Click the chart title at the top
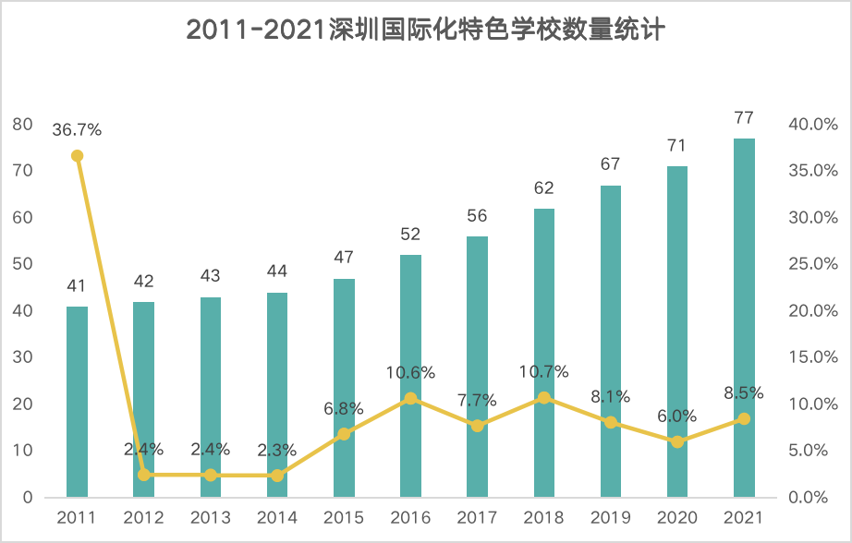[x=426, y=30]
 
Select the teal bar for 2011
[x=77, y=402]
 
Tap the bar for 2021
[x=744, y=318]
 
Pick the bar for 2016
[x=410, y=376]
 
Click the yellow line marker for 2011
[x=77, y=155]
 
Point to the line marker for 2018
[x=544, y=398]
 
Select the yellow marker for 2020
[x=677, y=441]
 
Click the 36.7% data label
[x=77, y=130]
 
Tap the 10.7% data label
[x=544, y=373]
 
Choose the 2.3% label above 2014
[x=277, y=451]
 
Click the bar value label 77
[x=744, y=118]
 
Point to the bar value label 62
[x=544, y=188]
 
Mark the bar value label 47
[x=344, y=258]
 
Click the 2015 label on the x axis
[x=344, y=517]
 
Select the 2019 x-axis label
[x=611, y=517]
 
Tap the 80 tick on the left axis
[x=22, y=125]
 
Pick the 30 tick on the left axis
[x=22, y=357]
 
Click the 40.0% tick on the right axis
[x=812, y=125]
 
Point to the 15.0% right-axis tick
[x=812, y=357]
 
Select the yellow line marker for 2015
[x=344, y=434]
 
